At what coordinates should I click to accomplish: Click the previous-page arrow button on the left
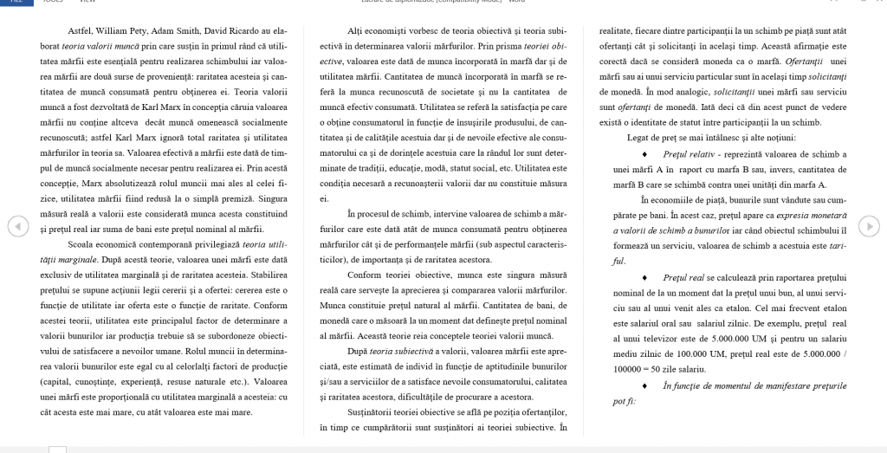click(15, 226)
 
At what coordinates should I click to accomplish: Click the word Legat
click(640, 138)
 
